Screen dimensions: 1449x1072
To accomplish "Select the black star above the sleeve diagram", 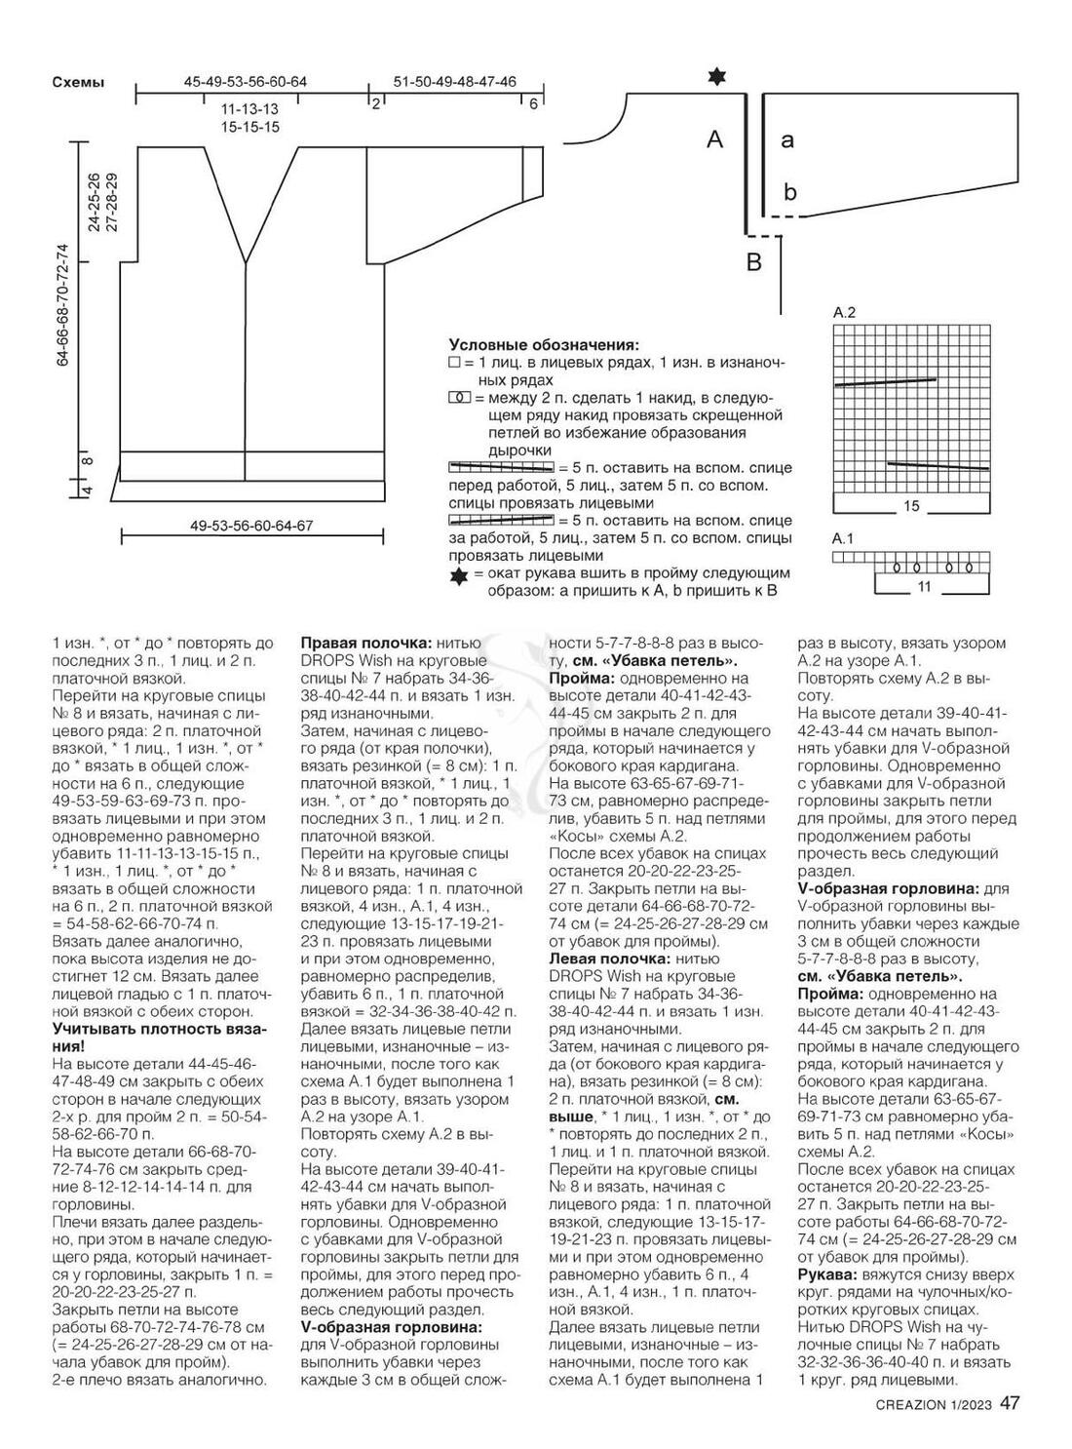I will point(718,77).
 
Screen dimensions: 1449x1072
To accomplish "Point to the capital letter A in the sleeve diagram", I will point(715,140).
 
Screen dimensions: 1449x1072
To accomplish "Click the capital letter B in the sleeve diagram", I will point(753,261).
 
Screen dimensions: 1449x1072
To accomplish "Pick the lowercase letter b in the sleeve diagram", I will point(790,192).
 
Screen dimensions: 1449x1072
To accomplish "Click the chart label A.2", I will point(844,313).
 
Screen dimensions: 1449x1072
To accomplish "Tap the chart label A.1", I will point(843,538).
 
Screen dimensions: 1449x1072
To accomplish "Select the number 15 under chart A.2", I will point(911,507).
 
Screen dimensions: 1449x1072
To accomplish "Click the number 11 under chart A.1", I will point(925,587).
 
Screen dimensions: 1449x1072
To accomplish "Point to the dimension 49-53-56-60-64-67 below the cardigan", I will point(251,526).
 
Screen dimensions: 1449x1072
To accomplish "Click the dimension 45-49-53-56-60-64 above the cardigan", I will point(246,82).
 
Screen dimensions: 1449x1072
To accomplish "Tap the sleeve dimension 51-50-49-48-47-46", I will point(454,82).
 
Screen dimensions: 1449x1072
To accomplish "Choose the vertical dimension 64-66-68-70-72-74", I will point(63,303).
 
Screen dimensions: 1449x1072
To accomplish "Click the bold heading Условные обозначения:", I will point(544,345).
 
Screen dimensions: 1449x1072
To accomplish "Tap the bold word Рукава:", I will point(826,1274).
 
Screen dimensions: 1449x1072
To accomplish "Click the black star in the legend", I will point(458,576).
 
